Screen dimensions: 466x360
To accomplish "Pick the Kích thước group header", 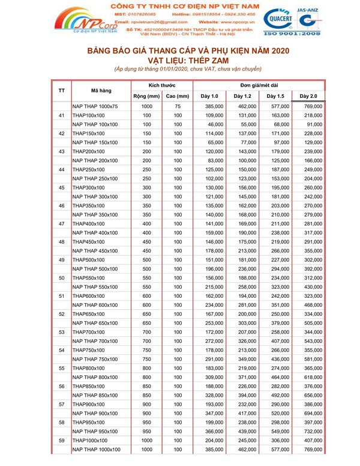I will [161, 85].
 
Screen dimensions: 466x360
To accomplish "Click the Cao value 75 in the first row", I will [178, 106].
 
